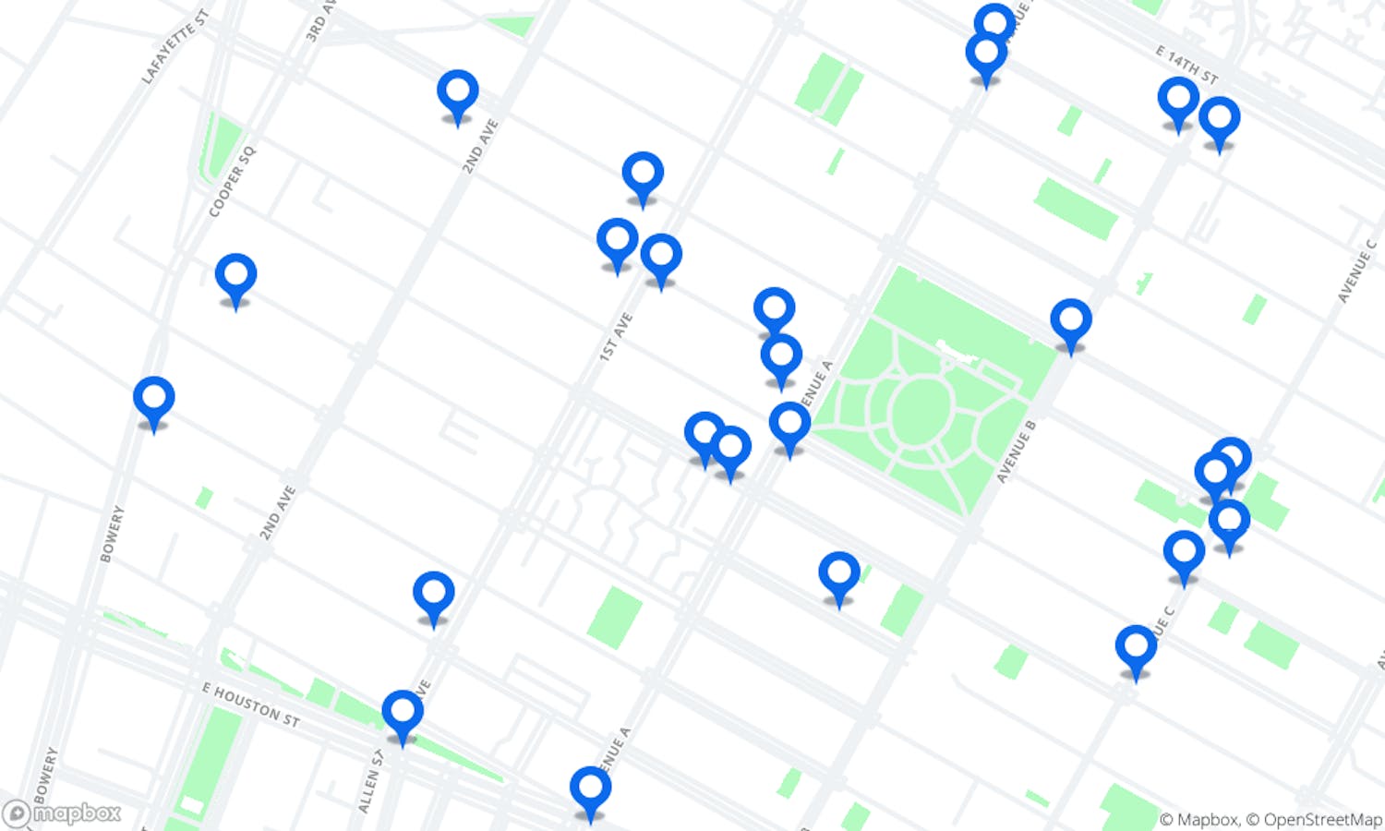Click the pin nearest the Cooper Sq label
pyautogui.click(x=235, y=276)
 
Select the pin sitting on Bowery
pyautogui.click(x=154, y=400)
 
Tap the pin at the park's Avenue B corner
pyautogui.click(x=1071, y=322)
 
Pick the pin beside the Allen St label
pyautogui.click(x=403, y=713)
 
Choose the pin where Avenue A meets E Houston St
pyautogui.click(x=590, y=789)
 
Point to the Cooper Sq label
pyautogui.click(x=232, y=182)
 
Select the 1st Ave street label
pyautogui.click(x=616, y=337)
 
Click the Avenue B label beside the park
pyautogui.click(x=1016, y=452)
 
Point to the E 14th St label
pyautogui.click(x=1186, y=66)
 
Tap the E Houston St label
pyautogui.click(x=251, y=705)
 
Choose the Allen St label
pyautogui.click(x=370, y=780)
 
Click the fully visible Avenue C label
pyautogui.click(x=1356, y=271)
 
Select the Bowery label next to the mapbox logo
pyautogui.click(x=44, y=776)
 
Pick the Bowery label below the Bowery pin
pyautogui.click(x=112, y=534)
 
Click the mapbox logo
pyautogui.click(x=63, y=813)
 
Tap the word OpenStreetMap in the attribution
pyautogui.click(x=1322, y=820)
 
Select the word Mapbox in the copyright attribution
pyautogui.click(x=1208, y=820)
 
